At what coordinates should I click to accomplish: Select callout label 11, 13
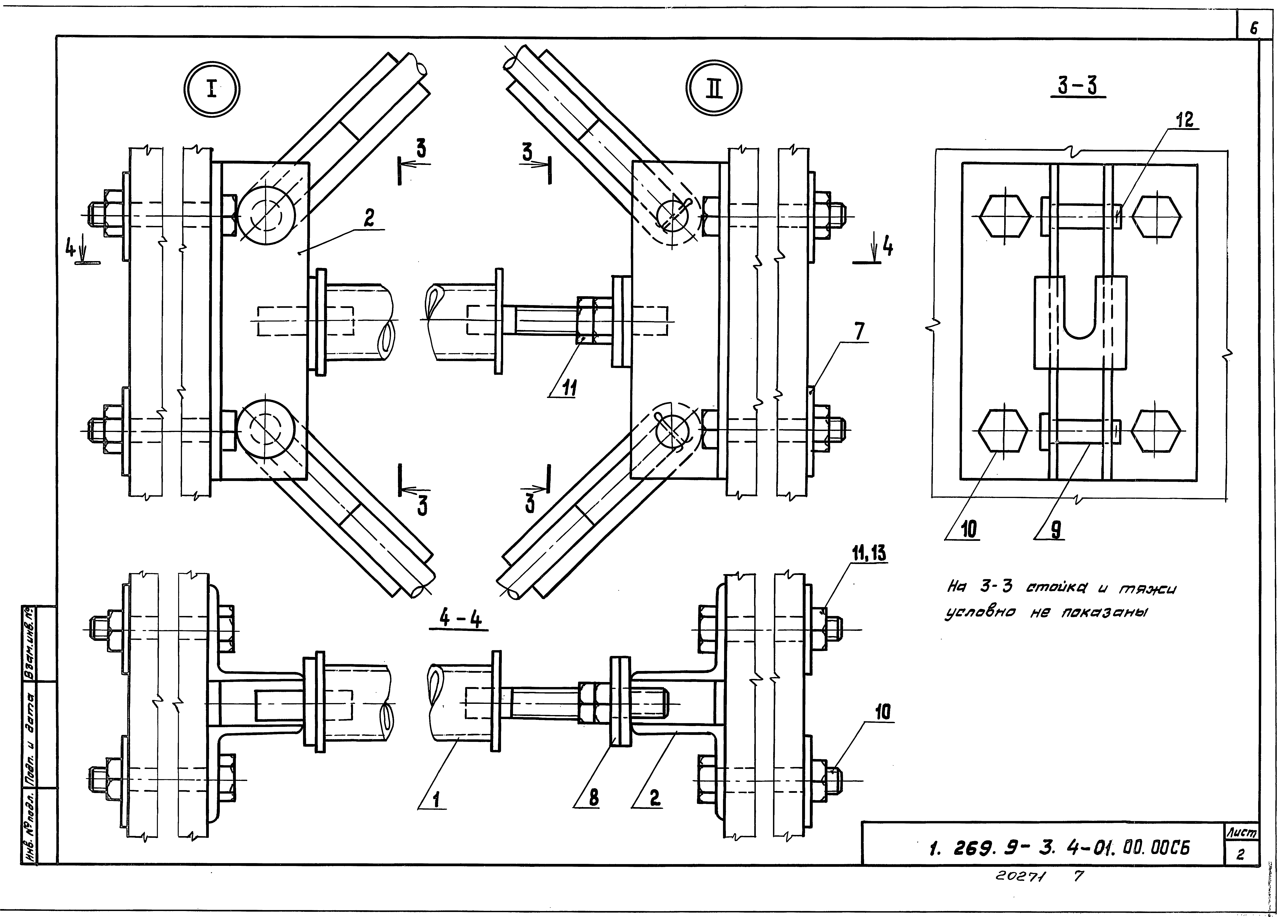868,555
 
